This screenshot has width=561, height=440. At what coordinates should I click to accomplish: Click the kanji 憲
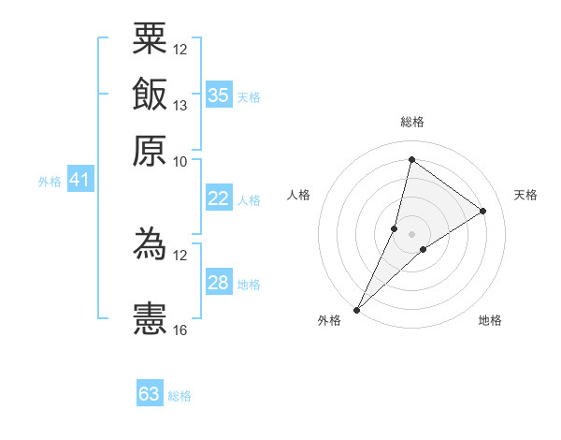(x=150, y=318)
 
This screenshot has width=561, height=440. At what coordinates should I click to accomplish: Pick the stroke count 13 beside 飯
(x=180, y=106)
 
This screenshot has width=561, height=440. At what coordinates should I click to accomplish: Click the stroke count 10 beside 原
(x=180, y=161)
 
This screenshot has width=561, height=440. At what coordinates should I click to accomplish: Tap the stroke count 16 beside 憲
(x=180, y=330)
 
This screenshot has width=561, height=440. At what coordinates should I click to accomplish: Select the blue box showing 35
(x=218, y=95)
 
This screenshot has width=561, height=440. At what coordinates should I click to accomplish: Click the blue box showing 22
(x=218, y=198)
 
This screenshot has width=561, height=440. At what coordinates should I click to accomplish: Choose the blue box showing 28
(x=218, y=283)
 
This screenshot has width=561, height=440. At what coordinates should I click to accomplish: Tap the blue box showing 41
(x=79, y=180)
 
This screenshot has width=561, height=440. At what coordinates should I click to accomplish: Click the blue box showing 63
(x=150, y=394)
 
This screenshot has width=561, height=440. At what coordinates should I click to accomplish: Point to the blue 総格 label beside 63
(x=180, y=396)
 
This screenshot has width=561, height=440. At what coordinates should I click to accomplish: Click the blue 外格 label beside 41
(x=49, y=182)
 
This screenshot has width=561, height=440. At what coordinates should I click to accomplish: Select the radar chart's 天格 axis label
(x=525, y=195)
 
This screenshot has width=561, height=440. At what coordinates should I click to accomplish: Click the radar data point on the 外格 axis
(x=357, y=309)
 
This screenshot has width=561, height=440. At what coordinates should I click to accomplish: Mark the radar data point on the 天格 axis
(x=483, y=211)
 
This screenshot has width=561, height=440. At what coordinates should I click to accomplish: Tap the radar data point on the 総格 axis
(x=411, y=159)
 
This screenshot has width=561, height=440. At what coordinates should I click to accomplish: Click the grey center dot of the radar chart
(x=411, y=233)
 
